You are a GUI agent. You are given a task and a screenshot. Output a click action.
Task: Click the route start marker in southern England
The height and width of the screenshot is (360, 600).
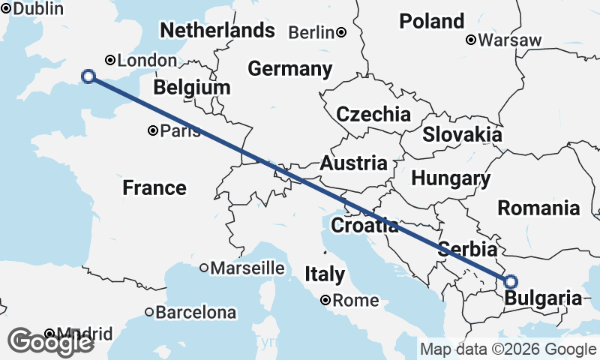point(88,76)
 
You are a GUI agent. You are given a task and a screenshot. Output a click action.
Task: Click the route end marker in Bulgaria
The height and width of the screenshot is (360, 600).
point(511,282)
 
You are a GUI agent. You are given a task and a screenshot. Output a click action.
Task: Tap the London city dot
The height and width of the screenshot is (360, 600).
point(110,60)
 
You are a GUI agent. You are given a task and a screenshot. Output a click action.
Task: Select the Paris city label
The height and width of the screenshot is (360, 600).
point(181,131)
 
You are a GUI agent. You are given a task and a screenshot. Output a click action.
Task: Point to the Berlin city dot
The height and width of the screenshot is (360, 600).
point(341,32)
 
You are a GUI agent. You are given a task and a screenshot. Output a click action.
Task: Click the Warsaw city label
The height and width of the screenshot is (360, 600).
point(514,40)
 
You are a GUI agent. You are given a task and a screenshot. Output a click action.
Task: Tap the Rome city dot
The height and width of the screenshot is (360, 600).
point(325,300)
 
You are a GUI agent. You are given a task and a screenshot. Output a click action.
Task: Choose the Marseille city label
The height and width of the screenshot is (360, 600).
point(247,268)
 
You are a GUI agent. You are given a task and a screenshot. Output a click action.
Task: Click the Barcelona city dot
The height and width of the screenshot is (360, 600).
point(149,312)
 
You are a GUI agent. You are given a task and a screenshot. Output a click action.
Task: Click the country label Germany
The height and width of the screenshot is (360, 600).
point(289,69)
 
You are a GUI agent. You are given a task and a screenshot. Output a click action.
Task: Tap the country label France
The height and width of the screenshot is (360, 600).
point(154,187)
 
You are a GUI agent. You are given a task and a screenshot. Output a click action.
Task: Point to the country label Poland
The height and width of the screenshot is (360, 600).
point(431,21)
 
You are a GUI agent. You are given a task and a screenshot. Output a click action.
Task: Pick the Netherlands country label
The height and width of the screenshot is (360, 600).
point(217,31)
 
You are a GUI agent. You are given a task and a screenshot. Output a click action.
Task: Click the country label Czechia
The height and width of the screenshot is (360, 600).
point(373,115)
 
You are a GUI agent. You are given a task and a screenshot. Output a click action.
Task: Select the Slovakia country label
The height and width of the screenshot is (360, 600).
point(462,135)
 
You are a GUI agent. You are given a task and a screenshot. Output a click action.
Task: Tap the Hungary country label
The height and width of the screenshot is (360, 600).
point(451,178)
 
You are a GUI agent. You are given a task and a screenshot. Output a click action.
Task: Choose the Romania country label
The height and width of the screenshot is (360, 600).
point(539,208)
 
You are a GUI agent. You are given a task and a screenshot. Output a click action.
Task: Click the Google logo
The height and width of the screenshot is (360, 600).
point(50,342)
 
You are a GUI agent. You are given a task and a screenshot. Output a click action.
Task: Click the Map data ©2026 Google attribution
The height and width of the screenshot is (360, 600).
point(508,349)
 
